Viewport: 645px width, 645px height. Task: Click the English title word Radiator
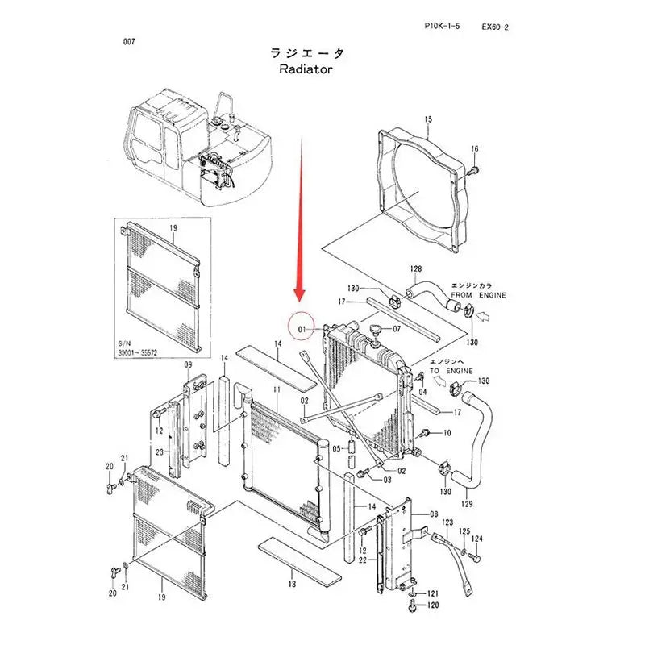tap(306, 69)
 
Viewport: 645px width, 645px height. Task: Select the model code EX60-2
tap(494, 27)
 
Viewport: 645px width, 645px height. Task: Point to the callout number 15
tap(428, 119)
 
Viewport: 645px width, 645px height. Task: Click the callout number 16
tap(474, 150)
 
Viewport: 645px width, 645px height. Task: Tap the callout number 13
tap(293, 583)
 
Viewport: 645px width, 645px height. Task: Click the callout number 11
tap(275, 390)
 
